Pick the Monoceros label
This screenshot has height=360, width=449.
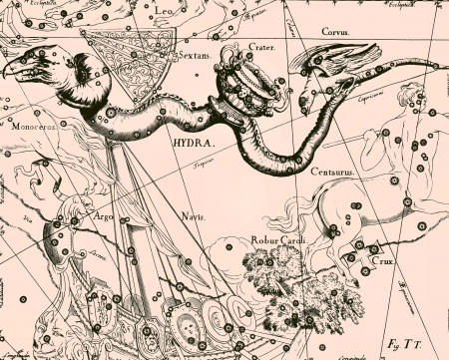pos(33,128)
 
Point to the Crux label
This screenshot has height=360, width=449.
pos(383,260)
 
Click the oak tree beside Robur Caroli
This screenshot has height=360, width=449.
pos(284,284)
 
